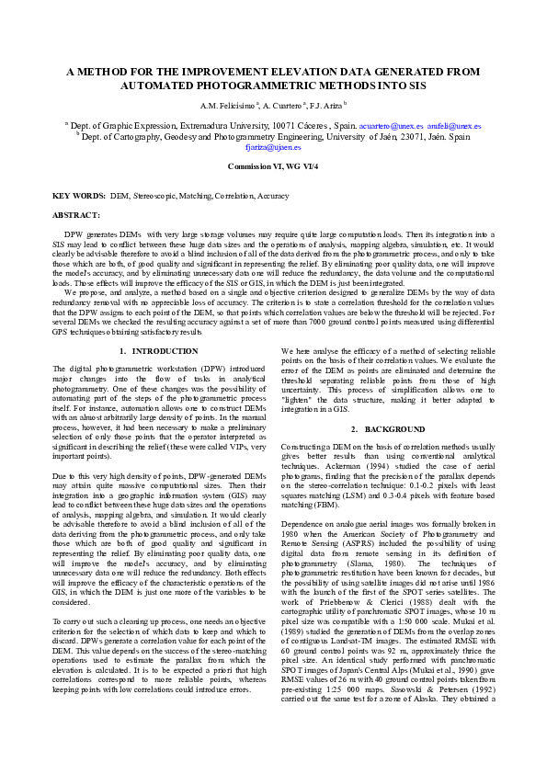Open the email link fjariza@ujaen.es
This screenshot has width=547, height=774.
(x=273, y=146)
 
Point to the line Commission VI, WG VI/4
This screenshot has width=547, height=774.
(x=273, y=165)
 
